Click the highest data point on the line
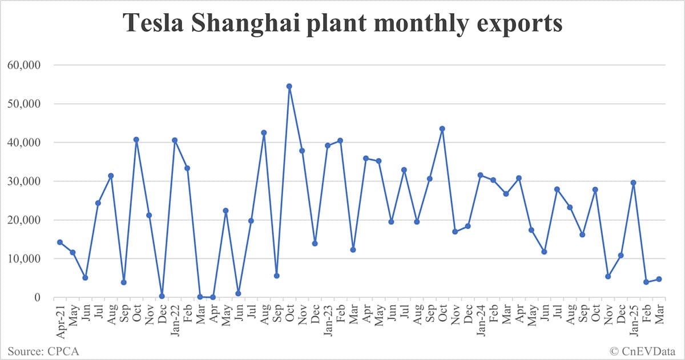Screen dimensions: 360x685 pos(289,87)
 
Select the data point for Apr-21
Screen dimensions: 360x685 pos(59,242)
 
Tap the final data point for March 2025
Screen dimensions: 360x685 pos(659,279)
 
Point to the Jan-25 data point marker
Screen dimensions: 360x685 pos(633,183)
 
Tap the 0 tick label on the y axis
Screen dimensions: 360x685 pos(37,298)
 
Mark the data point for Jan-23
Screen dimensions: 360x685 pos(328,145)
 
